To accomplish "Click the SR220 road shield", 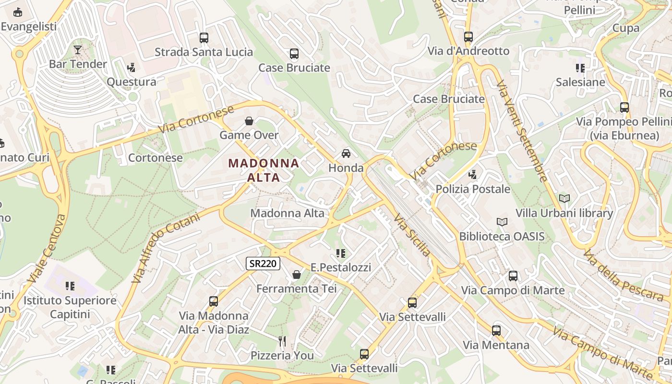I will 263,263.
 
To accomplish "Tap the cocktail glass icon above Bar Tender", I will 78,49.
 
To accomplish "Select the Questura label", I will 131,82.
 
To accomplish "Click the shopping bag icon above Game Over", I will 249,121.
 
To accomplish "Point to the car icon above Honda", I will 346,154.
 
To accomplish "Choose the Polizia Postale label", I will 473,189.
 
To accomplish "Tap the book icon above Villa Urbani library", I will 564,198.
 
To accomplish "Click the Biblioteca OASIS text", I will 502,236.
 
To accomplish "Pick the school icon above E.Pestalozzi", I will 341,253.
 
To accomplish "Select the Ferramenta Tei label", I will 296,288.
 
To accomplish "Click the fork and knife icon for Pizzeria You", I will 282,341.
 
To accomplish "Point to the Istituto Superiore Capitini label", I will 70,307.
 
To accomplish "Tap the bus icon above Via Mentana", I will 496,331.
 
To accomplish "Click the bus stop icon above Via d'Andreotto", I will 468,37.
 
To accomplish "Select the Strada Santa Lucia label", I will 204,52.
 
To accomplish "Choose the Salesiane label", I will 580,82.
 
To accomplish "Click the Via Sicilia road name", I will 412,235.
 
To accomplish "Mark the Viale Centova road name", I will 47,248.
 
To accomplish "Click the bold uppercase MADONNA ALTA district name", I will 264,170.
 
